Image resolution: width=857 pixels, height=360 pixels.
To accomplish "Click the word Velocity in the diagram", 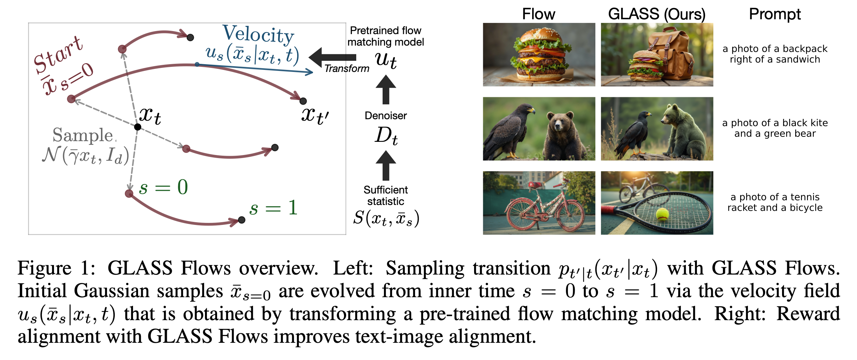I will [258, 34].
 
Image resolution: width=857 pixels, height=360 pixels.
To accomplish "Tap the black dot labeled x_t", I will [137, 127].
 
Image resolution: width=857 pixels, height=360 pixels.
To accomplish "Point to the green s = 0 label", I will [163, 187].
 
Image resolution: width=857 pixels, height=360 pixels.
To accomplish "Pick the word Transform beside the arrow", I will [347, 69].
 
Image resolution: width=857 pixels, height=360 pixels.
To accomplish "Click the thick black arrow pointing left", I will [332, 57].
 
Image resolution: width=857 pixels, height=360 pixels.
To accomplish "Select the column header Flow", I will [539, 14].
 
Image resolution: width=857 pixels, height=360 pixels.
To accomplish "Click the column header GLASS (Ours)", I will [657, 14].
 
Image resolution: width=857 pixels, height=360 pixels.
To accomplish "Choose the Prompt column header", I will [775, 14].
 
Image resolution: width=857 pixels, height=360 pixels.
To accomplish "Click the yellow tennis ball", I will [662, 214].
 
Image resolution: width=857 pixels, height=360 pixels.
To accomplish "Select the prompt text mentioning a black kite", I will [775, 128].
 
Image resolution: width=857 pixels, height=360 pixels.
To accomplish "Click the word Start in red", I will [58, 55].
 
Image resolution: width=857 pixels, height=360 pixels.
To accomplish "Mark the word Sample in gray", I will [83, 135].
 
